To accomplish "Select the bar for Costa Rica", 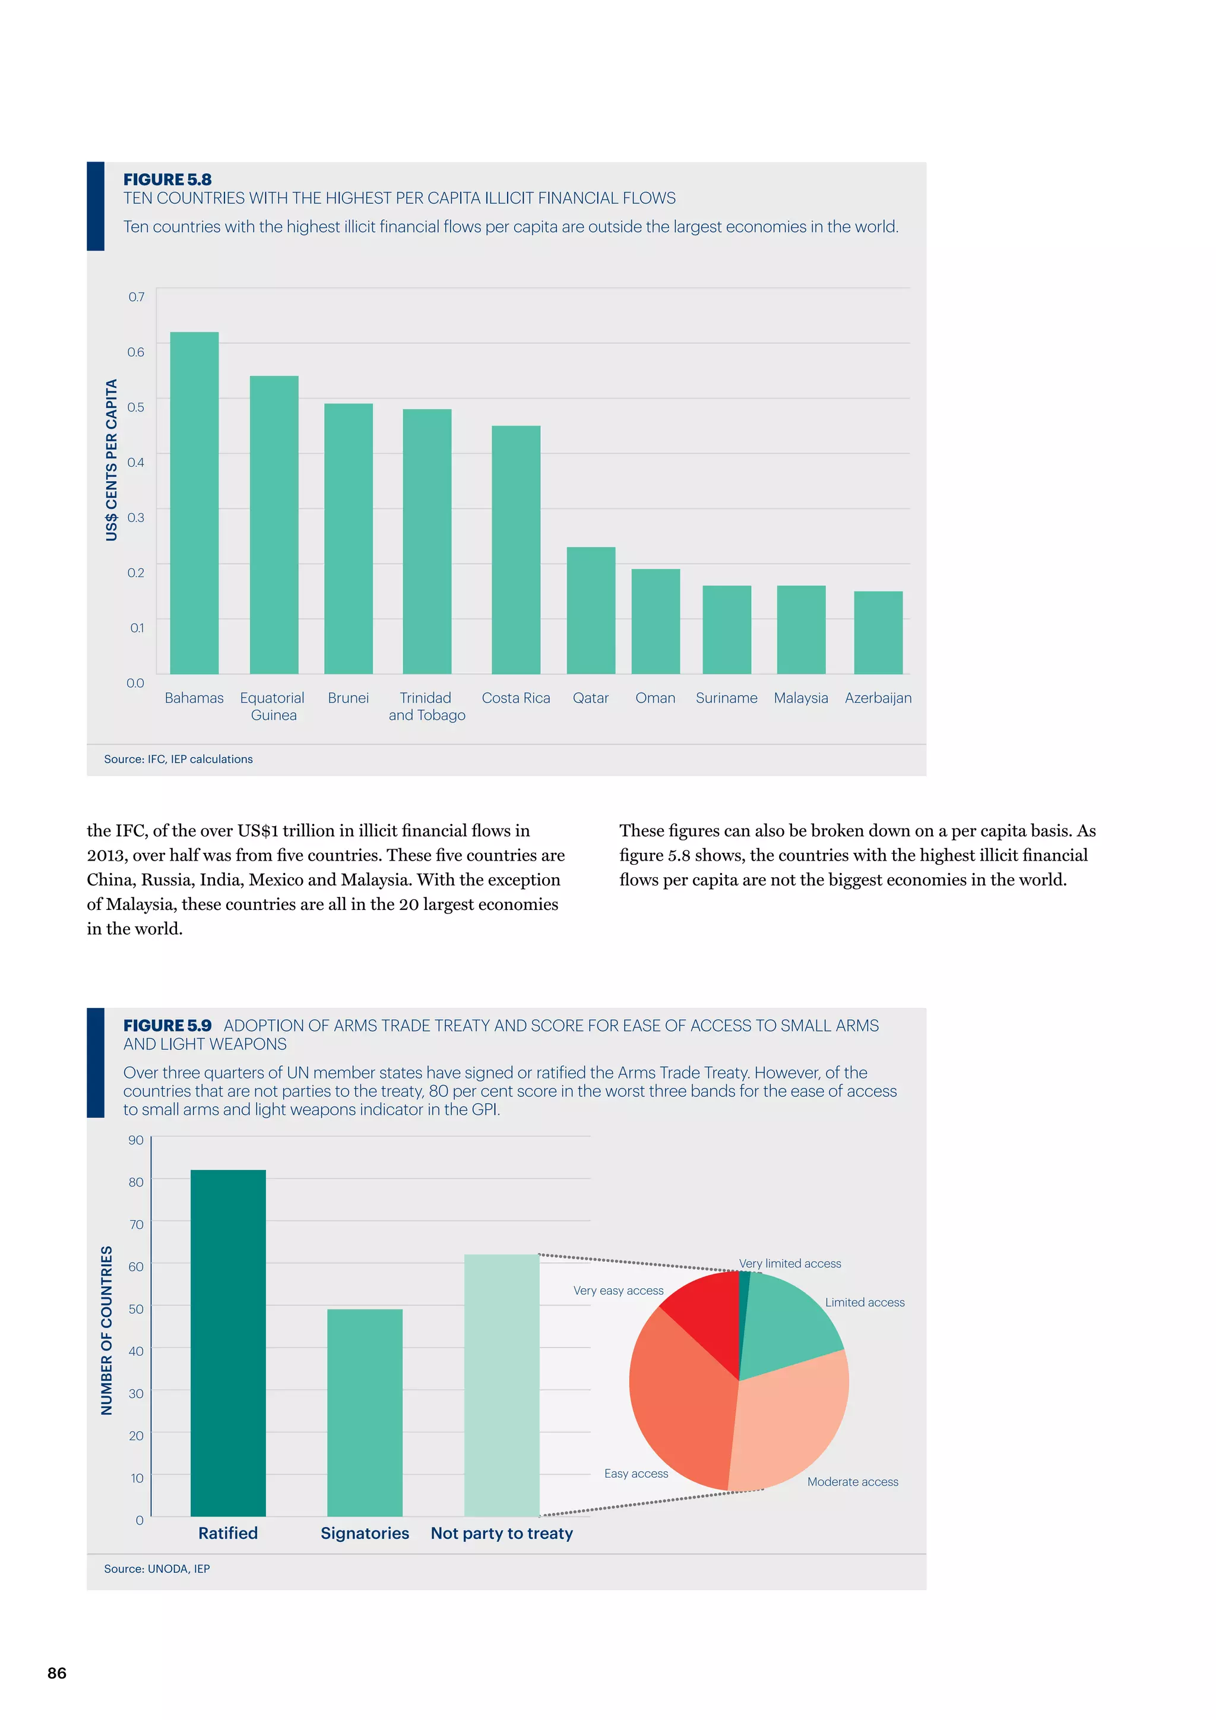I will coord(516,550).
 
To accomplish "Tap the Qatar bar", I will coord(591,611).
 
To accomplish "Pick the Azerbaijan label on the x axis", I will coord(878,698).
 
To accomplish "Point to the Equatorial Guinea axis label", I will coord(273,706).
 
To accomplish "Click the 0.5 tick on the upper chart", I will coord(135,407).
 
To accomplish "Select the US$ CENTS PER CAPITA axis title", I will coord(112,460).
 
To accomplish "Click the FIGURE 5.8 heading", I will coord(167,180).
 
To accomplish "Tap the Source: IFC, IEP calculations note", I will coord(178,759).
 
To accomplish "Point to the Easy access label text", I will coord(636,1474).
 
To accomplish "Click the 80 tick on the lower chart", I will coord(135,1182).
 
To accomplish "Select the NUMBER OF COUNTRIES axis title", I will coord(106,1330).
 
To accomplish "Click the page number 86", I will coord(57,1673).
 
